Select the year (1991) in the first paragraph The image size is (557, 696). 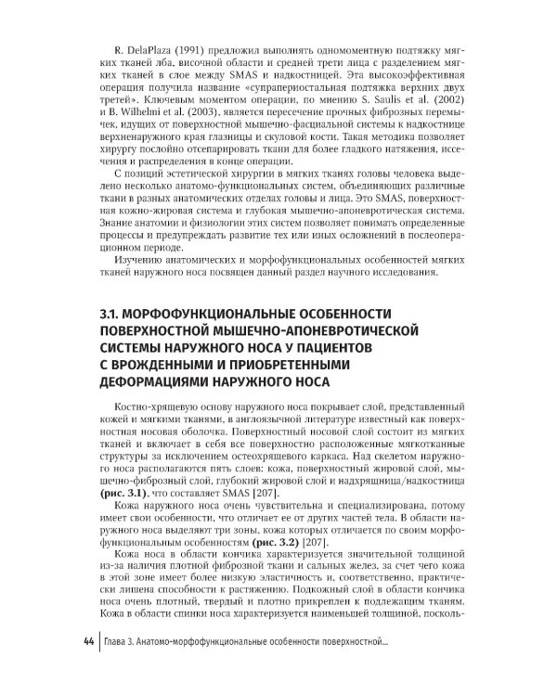(186, 48)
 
